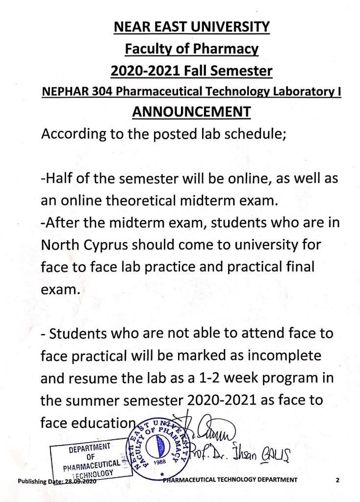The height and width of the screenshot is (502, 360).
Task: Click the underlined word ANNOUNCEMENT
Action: click(x=191, y=112)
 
